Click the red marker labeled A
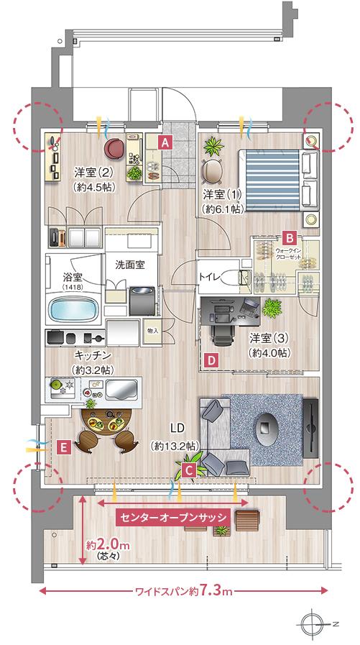tap(165, 142)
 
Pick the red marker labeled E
tap(63, 447)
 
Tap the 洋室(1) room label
tap(222, 195)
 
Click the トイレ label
tap(210, 275)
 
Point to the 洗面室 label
tap(130, 264)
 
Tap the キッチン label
tap(92, 355)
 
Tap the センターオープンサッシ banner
tap(174, 516)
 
